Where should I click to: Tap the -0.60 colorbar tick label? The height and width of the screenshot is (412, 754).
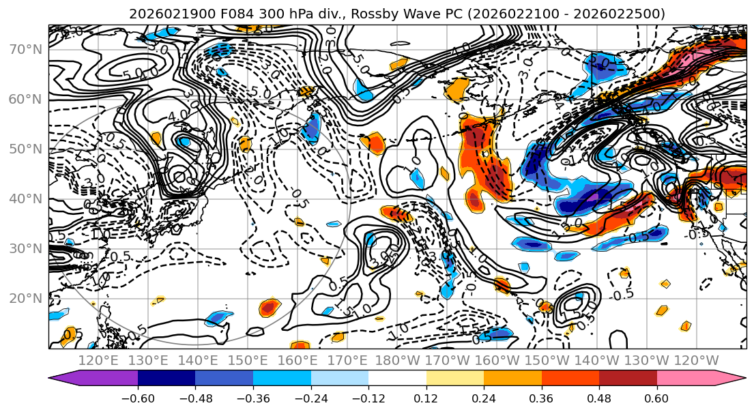[137, 398]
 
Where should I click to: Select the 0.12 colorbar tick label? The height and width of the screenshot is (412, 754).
[426, 398]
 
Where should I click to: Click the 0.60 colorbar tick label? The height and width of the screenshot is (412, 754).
[656, 398]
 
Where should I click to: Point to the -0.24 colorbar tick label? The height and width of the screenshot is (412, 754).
[310, 398]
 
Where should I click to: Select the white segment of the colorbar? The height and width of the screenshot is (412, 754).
[397, 379]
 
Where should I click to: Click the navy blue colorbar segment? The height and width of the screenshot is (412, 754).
[166, 379]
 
